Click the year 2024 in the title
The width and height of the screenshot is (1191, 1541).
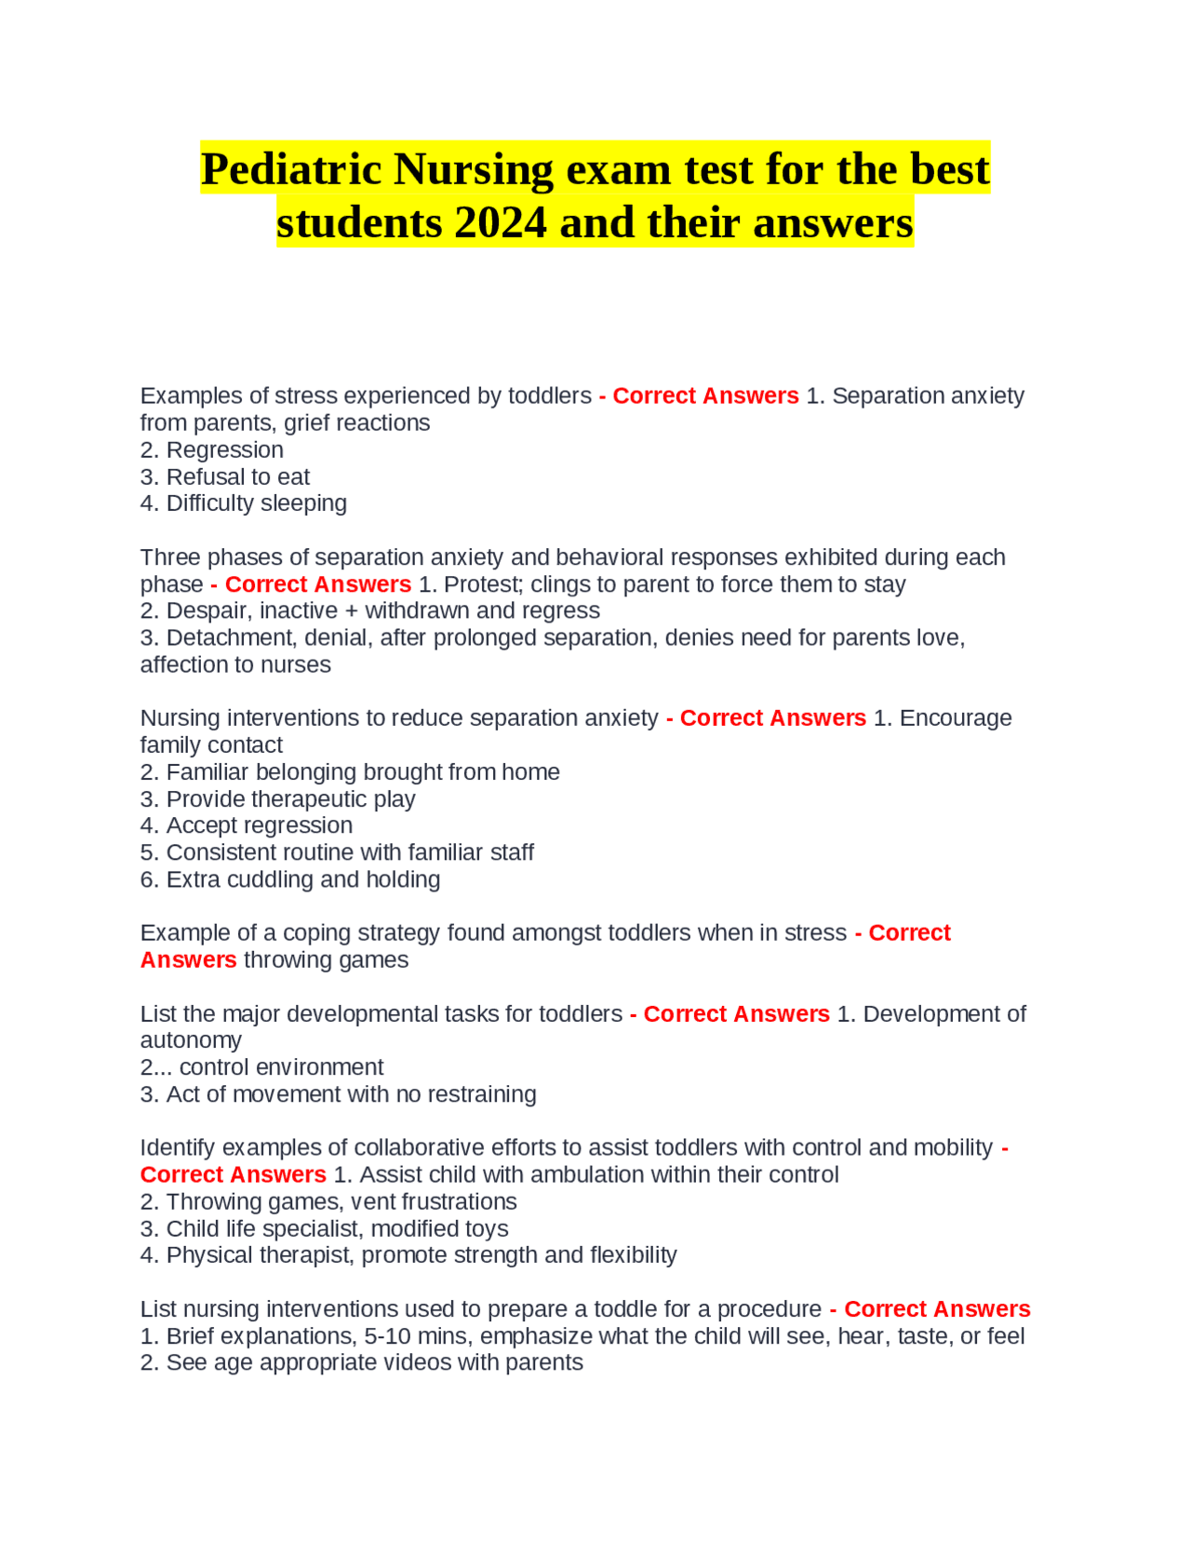500,223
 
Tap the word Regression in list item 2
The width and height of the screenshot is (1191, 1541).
224,450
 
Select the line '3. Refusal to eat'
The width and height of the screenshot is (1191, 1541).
224,477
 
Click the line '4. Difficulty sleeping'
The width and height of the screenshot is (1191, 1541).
243,503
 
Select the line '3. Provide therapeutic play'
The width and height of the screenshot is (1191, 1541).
277,799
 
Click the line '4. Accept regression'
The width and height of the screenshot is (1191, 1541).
246,826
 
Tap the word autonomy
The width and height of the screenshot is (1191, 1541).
191,1040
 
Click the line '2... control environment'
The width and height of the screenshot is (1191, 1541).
261,1067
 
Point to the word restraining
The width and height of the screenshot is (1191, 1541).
481,1094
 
